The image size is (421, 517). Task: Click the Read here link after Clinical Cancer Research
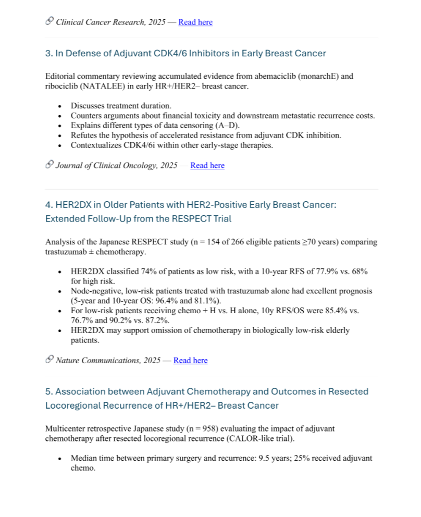(x=195, y=22)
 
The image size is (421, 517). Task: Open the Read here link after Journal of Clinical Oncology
(x=207, y=165)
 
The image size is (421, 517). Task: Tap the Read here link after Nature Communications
(x=190, y=360)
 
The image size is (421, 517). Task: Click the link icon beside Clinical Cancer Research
(x=49, y=22)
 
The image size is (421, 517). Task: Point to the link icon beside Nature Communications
(x=49, y=360)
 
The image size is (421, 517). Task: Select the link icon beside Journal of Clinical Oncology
(x=49, y=165)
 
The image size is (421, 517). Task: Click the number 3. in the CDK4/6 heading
(x=48, y=54)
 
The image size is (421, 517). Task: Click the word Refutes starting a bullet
(x=84, y=135)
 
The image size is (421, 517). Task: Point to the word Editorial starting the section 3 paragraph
(x=60, y=76)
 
